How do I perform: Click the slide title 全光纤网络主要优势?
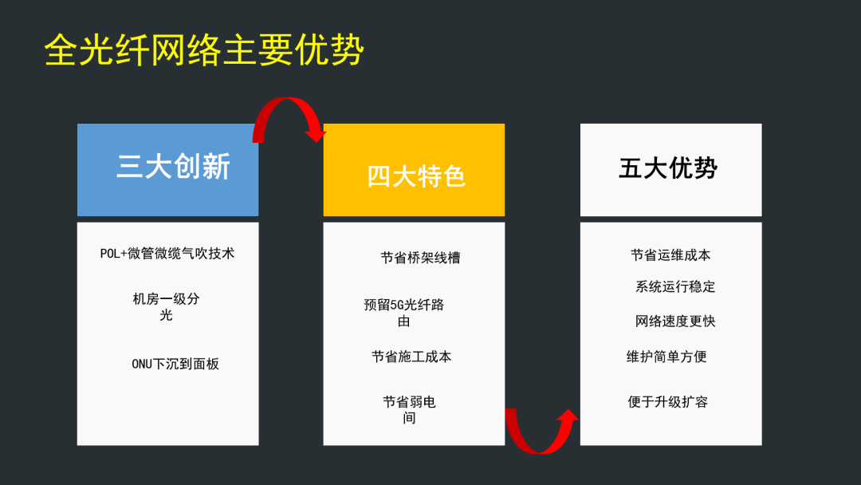coord(204,50)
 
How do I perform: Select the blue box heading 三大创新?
coord(173,167)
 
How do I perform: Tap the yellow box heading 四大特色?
coord(415,176)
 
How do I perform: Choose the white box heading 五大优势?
coord(668,168)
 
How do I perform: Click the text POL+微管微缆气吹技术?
coord(167,253)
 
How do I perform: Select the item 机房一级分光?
coord(166,306)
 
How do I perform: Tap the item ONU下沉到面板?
coord(175,364)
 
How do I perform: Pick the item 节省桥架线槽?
coord(420,258)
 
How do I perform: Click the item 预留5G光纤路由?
coord(403,313)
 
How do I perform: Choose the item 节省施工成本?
coord(411,357)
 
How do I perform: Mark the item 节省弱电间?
coord(409,410)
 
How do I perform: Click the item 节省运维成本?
coord(670,254)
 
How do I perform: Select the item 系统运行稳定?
coord(675,286)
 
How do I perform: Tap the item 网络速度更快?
coord(675,321)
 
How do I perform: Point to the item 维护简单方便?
coord(666,357)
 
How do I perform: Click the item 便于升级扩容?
coord(668,401)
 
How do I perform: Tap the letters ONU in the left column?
coord(141,364)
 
